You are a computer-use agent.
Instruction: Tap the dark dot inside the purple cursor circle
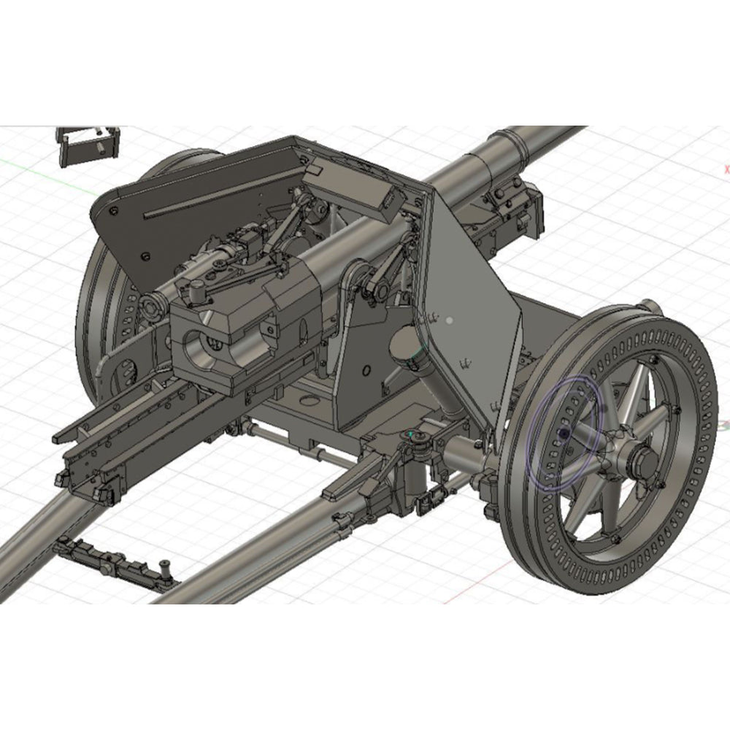point(564,433)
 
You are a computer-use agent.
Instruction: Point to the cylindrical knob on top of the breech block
point(197,293)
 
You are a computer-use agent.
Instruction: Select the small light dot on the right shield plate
point(450,320)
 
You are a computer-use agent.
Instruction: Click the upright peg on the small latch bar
point(166,564)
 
